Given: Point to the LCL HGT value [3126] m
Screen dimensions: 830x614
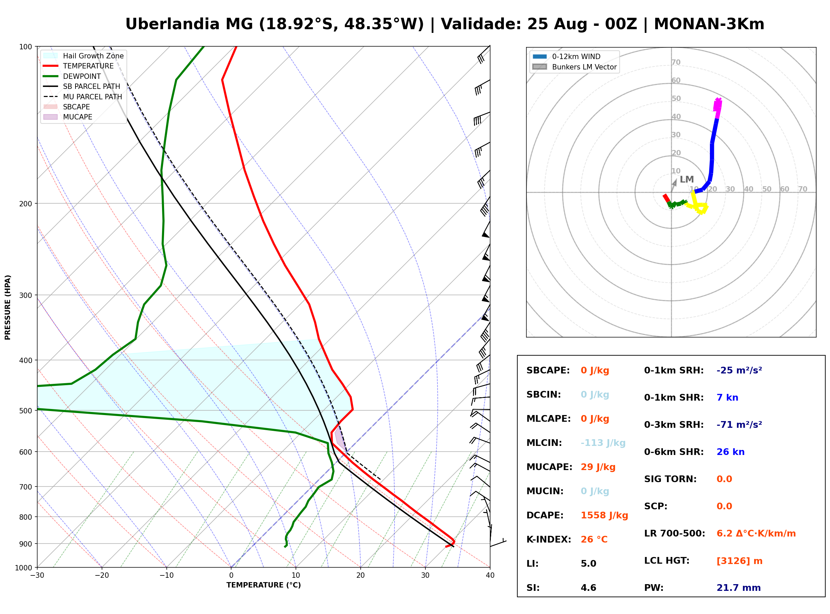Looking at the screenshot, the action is pyautogui.click(x=739, y=561).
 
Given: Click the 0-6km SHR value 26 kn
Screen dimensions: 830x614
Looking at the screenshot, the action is pyautogui.click(x=730, y=452).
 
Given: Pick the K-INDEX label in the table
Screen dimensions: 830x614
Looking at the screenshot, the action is pyautogui.click(x=549, y=540).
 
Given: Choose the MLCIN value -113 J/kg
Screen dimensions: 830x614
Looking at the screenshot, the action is pyautogui.click(x=603, y=443).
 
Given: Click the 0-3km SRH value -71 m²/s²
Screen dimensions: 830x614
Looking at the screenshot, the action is pyautogui.click(x=739, y=424).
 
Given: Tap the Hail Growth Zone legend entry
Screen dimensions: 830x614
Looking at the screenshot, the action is pyautogui.click(x=83, y=56).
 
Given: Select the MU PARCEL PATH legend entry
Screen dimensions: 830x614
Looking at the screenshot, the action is pyautogui.click(x=83, y=97).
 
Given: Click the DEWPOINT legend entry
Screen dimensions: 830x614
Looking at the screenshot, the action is pyautogui.click(x=72, y=76).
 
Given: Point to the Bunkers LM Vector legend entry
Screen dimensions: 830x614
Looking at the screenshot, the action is pyautogui.click(x=574, y=67).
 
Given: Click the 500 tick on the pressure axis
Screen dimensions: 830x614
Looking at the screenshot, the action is pyautogui.click(x=27, y=411).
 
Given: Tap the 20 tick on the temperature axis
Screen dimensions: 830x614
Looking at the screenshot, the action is pyautogui.click(x=360, y=575).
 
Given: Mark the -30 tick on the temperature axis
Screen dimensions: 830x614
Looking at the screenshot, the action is pyautogui.click(x=37, y=575).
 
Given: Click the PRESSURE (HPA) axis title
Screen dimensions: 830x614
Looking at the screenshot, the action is pyautogui.click(x=8, y=307).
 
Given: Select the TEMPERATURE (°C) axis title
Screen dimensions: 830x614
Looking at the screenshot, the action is pyautogui.click(x=264, y=585).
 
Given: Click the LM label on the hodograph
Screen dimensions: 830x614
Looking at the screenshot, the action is pyautogui.click(x=687, y=180).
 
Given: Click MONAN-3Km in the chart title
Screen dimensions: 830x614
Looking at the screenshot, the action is pyautogui.click(x=709, y=24).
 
